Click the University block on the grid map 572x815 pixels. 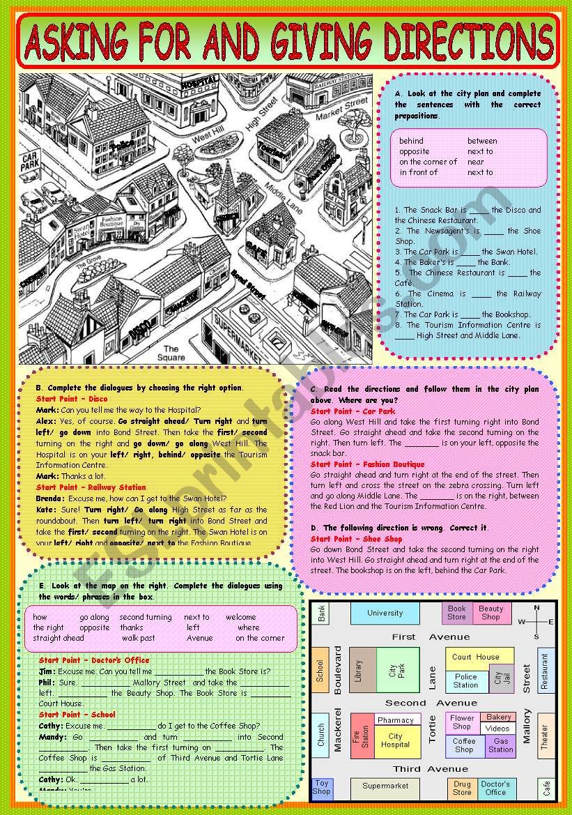tap(385, 614)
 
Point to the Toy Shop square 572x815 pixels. tap(321, 788)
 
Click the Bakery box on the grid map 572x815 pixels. tap(499, 717)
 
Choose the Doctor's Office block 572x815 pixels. tap(495, 788)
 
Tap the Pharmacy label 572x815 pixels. tap(396, 720)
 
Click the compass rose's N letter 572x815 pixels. tap(536, 608)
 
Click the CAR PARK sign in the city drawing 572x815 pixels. tap(30, 163)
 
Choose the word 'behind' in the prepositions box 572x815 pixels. tap(411, 141)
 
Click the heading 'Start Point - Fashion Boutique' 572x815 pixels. tap(367, 464)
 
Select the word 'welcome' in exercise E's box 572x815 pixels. tap(240, 617)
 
